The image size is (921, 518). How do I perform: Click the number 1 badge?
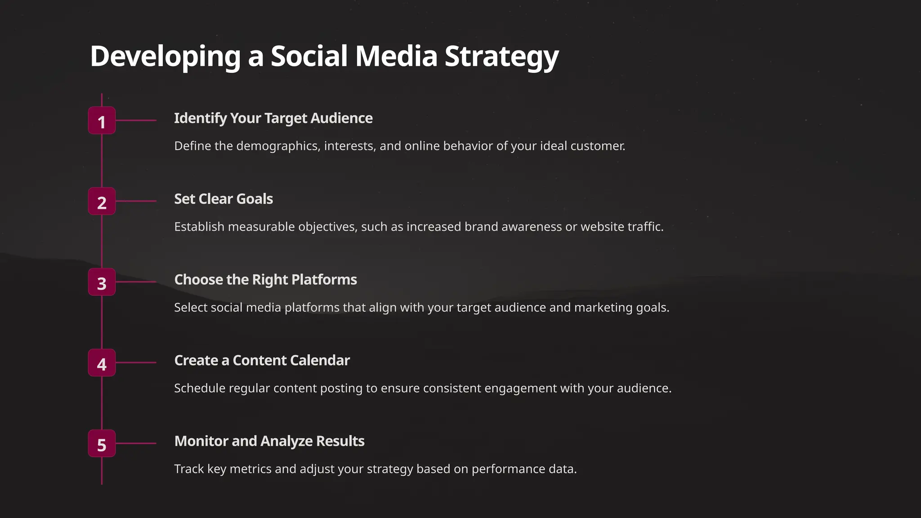(x=102, y=121)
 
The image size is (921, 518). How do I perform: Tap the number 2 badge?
(x=102, y=201)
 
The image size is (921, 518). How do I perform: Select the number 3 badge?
(x=102, y=282)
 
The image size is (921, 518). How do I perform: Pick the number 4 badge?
(x=102, y=363)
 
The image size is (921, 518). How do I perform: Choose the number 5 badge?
(x=102, y=443)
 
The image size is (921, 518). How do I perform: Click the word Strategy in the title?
(x=501, y=57)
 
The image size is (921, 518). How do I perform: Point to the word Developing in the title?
(x=165, y=57)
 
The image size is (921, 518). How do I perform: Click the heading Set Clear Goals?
(x=224, y=199)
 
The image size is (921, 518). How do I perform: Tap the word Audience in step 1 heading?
(x=341, y=118)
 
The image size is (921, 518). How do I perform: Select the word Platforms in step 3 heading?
(x=324, y=280)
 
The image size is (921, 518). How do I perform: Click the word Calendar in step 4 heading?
(x=320, y=361)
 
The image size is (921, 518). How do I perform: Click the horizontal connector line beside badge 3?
(x=136, y=282)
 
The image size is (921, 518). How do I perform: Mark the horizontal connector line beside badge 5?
(x=136, y=443)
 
